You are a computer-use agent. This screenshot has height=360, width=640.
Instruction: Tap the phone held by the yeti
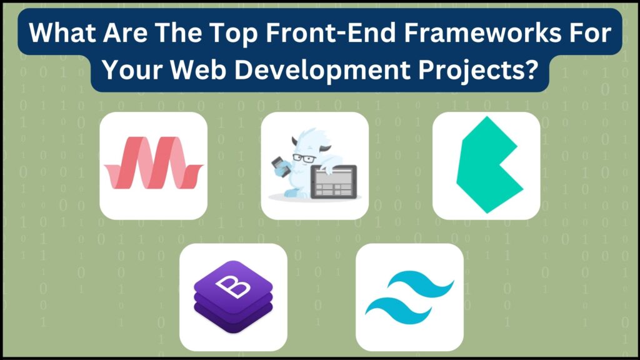[276, 166]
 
